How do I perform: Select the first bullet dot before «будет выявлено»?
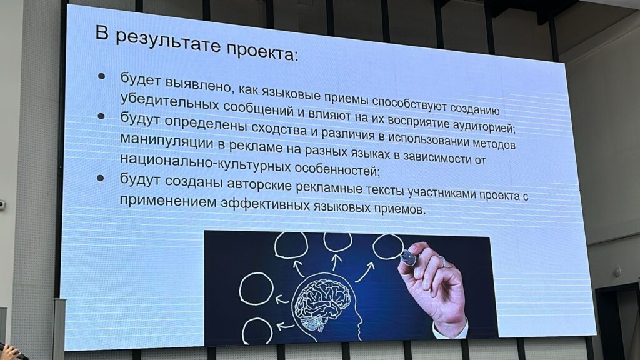[101, 76]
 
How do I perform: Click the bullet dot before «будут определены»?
[101, 116]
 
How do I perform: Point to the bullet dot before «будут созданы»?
[101, 178]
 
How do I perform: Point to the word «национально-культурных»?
[206, 162]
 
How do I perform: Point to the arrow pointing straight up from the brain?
[336, 262]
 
